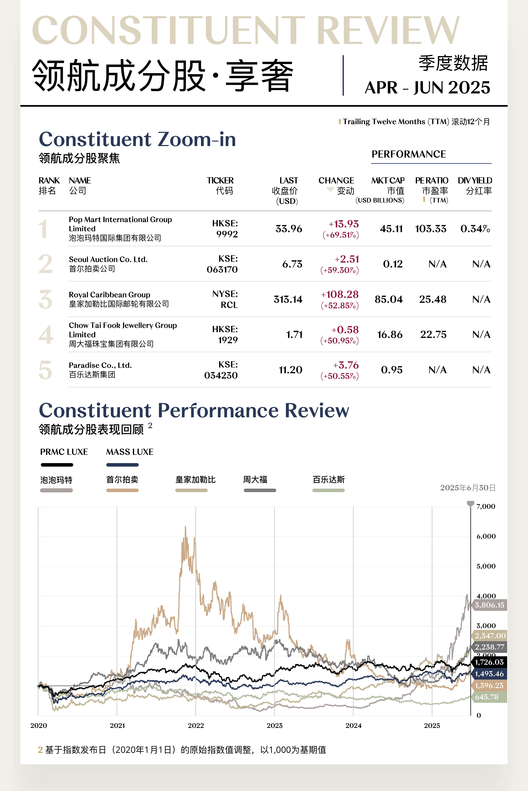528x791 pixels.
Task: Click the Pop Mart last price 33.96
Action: [x=289, y=229]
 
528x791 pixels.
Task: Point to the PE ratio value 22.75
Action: [x=433, y=335]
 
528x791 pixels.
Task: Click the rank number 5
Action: [x=45, y=370]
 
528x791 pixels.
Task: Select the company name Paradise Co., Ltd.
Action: [x=100, y=365]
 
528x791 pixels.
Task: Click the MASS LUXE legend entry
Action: [x=130, y=452]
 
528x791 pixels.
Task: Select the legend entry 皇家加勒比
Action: [x=195, y=480]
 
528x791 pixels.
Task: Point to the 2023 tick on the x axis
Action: [x=274, y=725]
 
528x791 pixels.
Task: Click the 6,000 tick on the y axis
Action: [x=486, y=536]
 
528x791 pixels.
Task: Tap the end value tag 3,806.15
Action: [x=489, y=605]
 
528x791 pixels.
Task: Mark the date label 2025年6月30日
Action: [x=467, y=488]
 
